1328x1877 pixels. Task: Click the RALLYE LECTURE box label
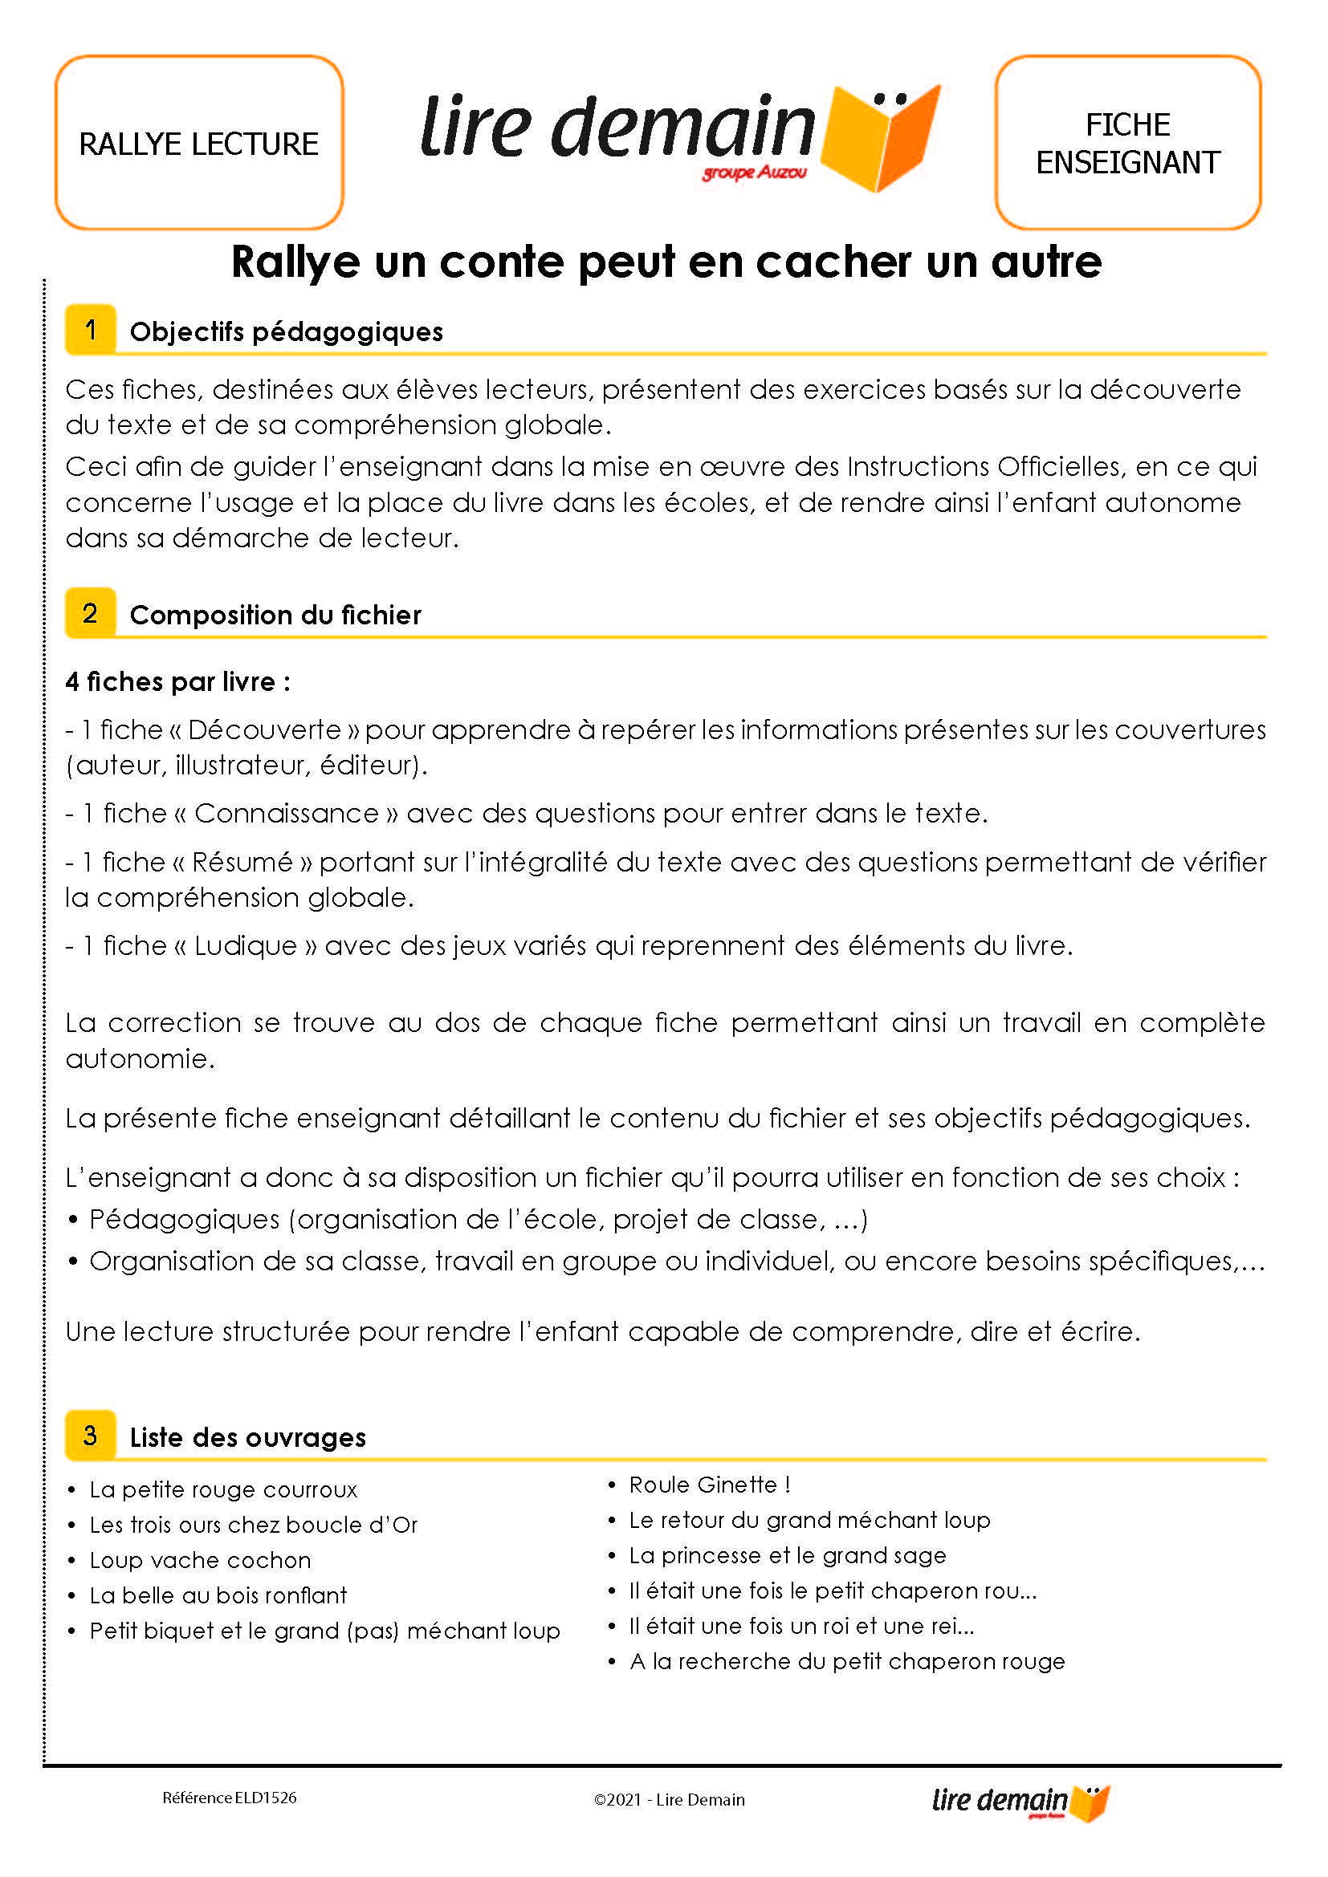click(198, 144)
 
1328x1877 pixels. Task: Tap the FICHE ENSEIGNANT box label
click(1127, 144)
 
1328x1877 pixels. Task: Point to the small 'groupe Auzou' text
click(754, 173)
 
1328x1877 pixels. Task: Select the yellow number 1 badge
click(90, 330)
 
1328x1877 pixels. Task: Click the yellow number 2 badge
click(90, 613)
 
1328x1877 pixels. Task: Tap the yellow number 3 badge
click(90, 1435)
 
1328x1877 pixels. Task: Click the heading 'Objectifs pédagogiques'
click(286, 331)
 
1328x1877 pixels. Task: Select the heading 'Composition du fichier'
click(275, 615)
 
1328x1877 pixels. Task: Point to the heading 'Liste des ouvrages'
click(248, 1437)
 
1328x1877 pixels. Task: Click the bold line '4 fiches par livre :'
click(177, 681)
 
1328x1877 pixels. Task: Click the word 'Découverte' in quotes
click(264, 729)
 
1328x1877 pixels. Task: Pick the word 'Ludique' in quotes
click(246, 945)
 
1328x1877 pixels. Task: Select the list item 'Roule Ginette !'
click(709, 1485)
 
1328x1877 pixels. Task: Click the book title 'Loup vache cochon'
click(201, 1560)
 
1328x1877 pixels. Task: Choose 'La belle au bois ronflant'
click(218, 1595)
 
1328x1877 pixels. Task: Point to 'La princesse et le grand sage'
click(788, 1555)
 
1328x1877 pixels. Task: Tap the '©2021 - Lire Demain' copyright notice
click(669, 1799)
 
